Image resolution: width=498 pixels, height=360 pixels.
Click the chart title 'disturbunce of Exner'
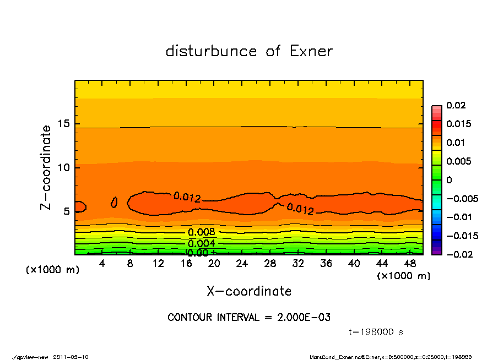coord(249,51)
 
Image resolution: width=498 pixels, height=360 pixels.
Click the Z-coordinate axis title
coord(46,167)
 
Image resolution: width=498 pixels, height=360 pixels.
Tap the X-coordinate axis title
coord(249,291)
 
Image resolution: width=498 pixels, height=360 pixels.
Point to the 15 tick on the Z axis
coord(63,124)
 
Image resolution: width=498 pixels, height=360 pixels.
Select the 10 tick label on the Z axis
coord(63,167)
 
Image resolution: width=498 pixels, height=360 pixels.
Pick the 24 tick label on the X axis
coord(242,264)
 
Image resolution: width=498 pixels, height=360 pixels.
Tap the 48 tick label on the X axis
coord(410,264)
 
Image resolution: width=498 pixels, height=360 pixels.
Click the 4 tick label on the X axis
coord(102,264)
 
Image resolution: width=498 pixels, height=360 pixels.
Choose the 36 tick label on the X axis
coord(326,264)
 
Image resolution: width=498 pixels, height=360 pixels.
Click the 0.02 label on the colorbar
coord(456,105)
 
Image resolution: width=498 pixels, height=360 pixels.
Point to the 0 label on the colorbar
coord(448,180)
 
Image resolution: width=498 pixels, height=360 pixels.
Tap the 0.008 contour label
coord(202,232)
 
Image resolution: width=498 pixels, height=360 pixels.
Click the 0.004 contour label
coord(202,243)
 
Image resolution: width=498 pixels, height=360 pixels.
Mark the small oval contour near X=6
coord(114,202)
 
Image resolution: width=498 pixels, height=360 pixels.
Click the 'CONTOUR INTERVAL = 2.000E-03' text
coord(249,318)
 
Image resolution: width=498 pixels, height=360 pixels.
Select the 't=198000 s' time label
coord(376,332)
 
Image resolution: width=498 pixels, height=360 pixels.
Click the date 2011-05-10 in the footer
coord(71,357)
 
